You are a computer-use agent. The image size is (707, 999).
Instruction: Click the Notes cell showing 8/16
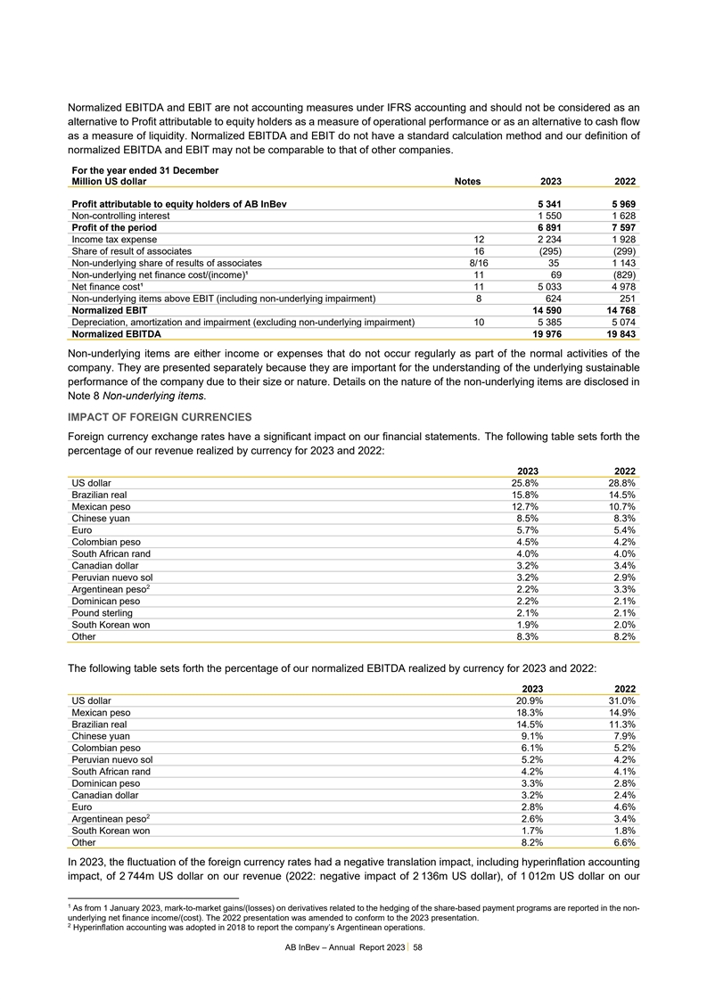click(478, 263)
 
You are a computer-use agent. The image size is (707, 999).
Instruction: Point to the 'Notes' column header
click(467, 182)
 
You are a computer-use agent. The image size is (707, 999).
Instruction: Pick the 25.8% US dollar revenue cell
click(522, 482)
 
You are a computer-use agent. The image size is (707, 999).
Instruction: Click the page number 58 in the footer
click(417, 947)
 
